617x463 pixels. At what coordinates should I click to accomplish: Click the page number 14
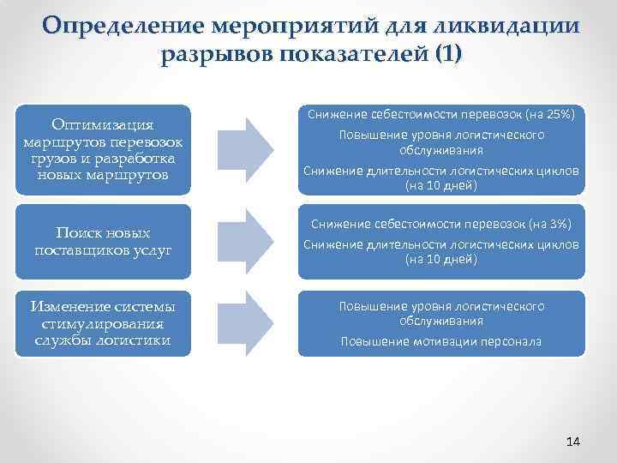tap(573, 441)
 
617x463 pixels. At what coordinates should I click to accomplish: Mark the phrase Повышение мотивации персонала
tap(440, 341)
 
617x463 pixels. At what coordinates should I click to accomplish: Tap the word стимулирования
tap(103, 323)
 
